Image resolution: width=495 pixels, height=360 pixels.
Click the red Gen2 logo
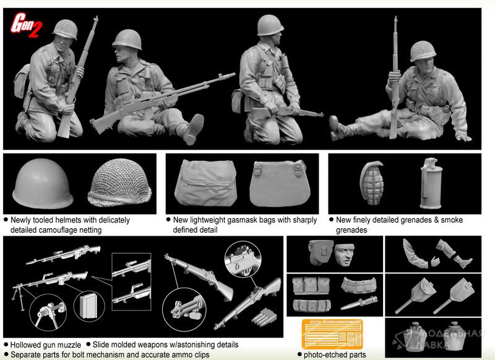coord(26,25)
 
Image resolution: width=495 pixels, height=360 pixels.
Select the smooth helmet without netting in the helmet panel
coord(43,183)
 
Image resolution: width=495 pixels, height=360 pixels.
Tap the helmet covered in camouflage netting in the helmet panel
coord(119,182)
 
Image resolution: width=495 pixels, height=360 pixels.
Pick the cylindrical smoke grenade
coord(431,183)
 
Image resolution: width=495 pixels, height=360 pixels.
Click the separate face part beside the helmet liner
coord(345,254)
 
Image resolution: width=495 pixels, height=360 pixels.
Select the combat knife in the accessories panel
coord(359,303)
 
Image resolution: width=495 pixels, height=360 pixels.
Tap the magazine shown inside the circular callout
coord(88,306)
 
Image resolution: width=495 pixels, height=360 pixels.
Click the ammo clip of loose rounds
coord(264,317)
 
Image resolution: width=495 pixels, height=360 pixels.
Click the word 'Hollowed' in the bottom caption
coord(28,345)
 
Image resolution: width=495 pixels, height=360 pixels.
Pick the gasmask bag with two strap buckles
coord(280,184)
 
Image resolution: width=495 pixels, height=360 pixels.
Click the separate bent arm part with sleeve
coord(415,255)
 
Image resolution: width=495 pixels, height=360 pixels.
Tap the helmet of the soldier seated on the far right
coord(423,51)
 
